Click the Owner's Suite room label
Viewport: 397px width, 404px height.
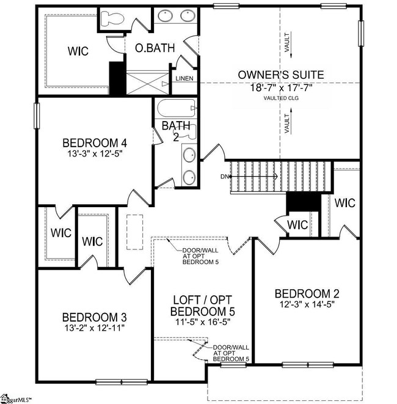coord(281,75)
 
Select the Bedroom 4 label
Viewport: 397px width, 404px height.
coord(94,144)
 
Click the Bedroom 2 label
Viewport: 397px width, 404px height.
coord(307,292)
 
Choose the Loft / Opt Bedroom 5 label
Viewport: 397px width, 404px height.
coord(203,306)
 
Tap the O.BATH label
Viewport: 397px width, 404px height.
coord(148,48)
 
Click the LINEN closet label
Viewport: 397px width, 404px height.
coord(184,79)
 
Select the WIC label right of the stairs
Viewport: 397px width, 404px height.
coord(345,202)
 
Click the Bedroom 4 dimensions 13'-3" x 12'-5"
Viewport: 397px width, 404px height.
coord(94,155)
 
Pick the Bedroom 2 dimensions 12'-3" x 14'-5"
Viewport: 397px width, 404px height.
coord(307,303)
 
